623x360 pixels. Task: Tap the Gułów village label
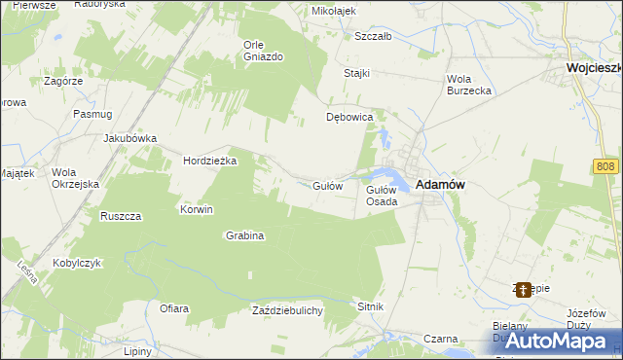tap(326, 186)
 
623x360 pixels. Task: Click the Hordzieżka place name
tap(210, 162)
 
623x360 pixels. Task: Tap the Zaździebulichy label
tap(294, 309)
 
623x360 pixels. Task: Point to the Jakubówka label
tap(130, 138)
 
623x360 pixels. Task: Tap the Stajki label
tap(357, 74)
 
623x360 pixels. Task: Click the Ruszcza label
tap(122, 215)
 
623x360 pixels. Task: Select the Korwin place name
tap(197, 209)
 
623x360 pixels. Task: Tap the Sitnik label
tap(371, 306)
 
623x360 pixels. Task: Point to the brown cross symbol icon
tap(524, 289)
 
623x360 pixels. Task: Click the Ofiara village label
tap(174, 308)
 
